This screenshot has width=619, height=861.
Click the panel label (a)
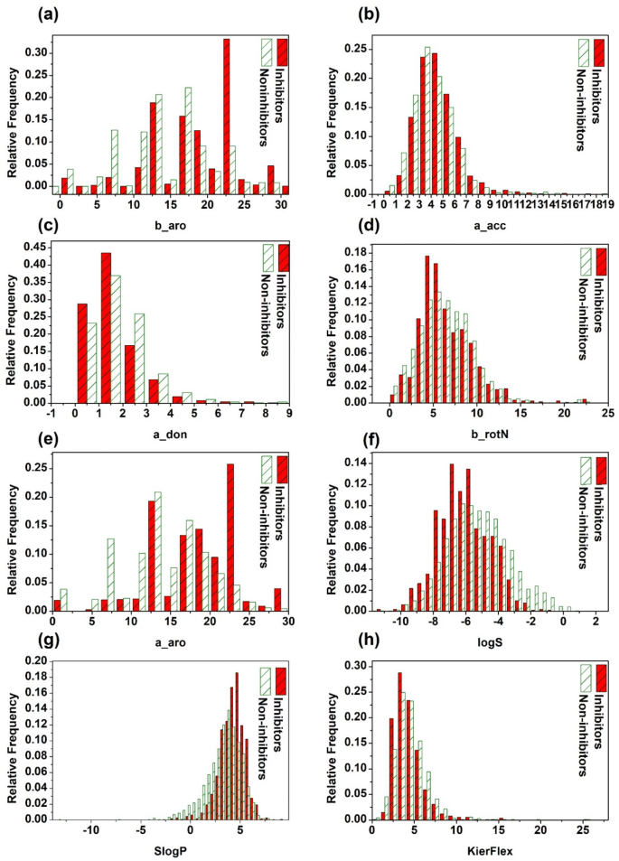tap(24, 16)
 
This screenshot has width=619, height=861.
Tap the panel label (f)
tap(344, 444)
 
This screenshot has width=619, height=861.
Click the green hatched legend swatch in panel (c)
tap(267, 260)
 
